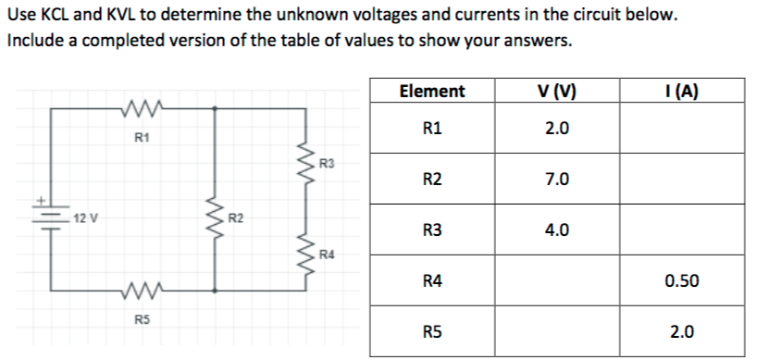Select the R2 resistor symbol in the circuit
tap(217, 220)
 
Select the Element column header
tap(431, 91)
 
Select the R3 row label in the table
tap(431, 230)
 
